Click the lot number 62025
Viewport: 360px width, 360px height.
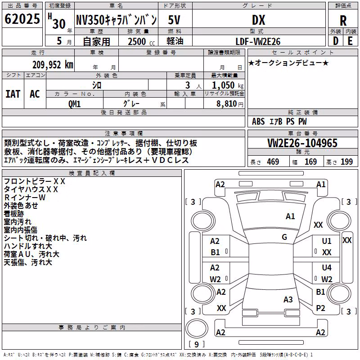[x=22, y=19]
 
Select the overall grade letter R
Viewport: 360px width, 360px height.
[x=343, y=21]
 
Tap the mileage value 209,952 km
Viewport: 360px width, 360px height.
[x=53, y=65]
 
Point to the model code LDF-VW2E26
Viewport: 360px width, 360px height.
[x=258, y=41]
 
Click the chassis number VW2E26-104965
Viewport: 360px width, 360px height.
[x=302, y=143]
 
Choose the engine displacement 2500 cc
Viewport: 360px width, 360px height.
[x=141, y=41]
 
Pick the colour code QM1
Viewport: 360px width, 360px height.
[x=74, y=104]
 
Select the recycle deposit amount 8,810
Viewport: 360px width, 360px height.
[x=227, y=104]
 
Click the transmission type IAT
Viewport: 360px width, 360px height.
[x=13, y=94]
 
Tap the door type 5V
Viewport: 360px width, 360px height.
[x=174, y=20]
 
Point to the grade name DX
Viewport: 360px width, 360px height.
[x=258, y=20]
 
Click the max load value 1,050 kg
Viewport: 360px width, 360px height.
[x=228, y=85]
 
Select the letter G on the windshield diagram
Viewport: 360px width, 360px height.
[x=284, y=237]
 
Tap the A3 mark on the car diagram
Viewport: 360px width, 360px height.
[x=288, y=299]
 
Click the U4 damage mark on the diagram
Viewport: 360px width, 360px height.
[x=327, y=267]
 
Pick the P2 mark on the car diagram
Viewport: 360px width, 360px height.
[x=320, y=308]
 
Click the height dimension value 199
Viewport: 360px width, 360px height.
[x=346, y=162]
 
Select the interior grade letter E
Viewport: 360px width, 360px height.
[x=350, y=41]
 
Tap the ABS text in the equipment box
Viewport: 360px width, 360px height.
[x=258, y=121]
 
